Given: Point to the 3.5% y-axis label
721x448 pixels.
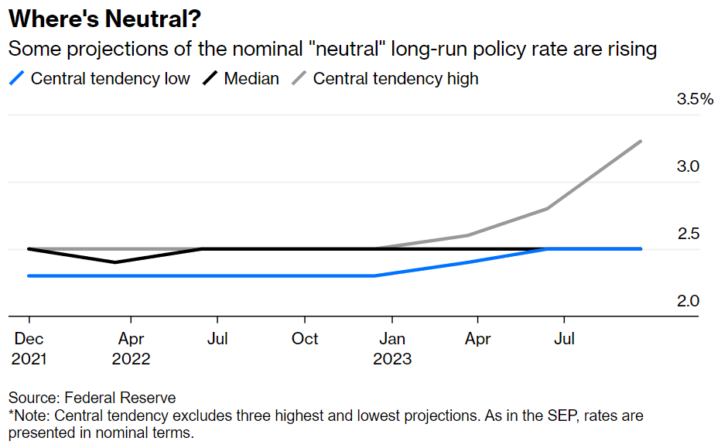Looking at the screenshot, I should coord(694,100).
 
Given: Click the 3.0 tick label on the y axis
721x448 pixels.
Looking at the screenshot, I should coord(688,167).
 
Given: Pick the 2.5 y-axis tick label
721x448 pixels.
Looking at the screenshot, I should coord(688,234).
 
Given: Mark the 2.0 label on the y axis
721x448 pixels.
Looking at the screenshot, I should coord(688,302).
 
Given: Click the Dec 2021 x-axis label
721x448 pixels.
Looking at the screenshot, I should coord(29,349).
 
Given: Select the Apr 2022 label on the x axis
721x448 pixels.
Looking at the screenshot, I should coord(131,349).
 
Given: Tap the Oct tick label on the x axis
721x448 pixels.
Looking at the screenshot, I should coord(306,339).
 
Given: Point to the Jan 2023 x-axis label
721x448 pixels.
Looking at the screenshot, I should coord(392,349).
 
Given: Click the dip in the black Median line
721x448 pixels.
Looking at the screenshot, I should coord(115,262).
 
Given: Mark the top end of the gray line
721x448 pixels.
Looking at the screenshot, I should coord(641,141).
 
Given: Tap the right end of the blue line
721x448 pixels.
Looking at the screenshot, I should coord(641,249).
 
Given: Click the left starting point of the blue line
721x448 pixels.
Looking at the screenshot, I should coord(29,275).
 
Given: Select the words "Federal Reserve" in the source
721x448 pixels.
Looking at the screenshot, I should coord(120,398).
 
